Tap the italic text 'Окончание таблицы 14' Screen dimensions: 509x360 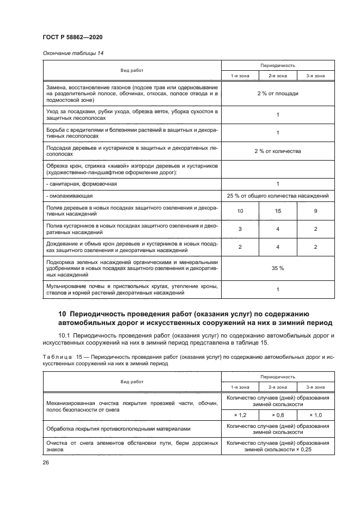click(70, 53)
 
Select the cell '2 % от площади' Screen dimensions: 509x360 click(277, 94)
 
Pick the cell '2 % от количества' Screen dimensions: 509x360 click(277, 151)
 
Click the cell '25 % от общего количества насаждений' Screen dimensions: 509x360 click(277, 195)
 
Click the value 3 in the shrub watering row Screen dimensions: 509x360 click(240, 229)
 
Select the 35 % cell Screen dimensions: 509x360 click(277, 268)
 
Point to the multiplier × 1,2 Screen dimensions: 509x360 click(240, 415)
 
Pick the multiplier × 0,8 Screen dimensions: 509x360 click(278, 415)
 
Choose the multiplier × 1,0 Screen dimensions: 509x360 click(315, 415)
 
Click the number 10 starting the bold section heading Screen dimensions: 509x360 click(62, 314)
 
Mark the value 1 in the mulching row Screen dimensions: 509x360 click(277, 290)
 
